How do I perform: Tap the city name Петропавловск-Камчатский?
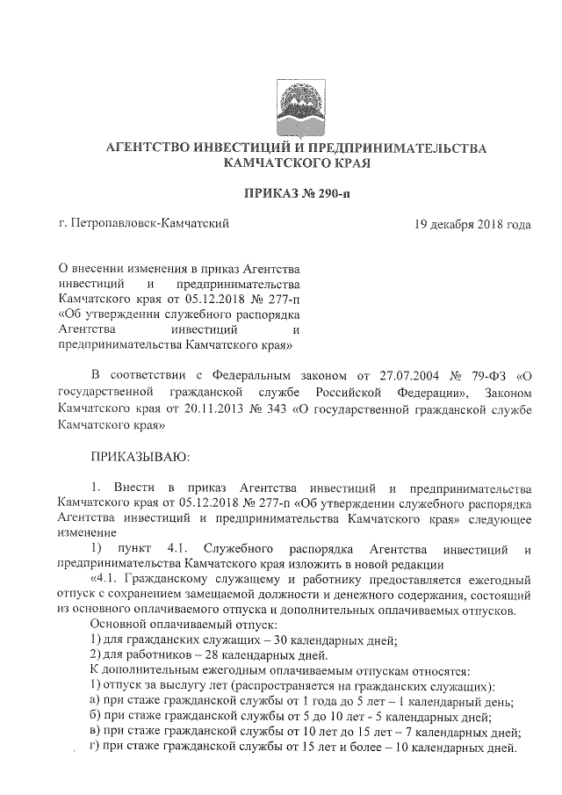150,224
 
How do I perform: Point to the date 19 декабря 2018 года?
472,224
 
